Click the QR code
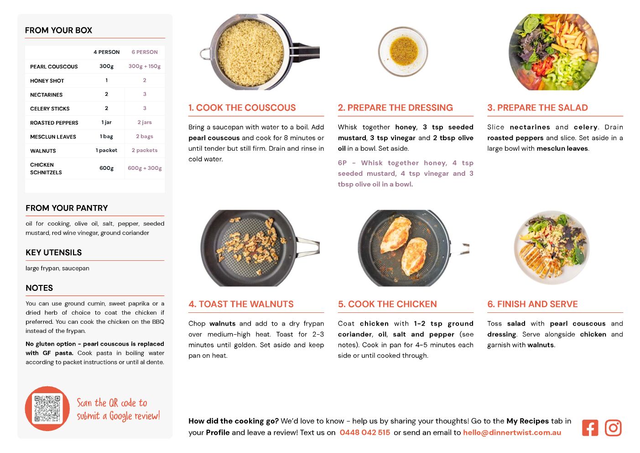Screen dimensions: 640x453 tap(47, 409)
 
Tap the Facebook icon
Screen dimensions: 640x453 tap(590, 428)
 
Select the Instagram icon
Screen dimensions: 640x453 tap(613, 428)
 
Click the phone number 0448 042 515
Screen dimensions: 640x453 tap(364, 432)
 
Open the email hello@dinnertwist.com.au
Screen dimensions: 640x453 tap(512, 432)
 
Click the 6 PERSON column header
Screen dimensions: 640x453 tap(145, 52)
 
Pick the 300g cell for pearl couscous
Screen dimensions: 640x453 tap(107, 66)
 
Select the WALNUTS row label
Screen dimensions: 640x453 tap(43, 151)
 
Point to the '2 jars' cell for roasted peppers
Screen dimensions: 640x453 tap(145, 122)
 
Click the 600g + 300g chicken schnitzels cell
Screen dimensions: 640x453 tap(145, 168)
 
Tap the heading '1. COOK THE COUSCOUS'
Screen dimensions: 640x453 tap(242, 107)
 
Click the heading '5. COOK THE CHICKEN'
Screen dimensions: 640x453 tap(387, 304)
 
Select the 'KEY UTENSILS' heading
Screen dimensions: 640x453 tap(53, 252)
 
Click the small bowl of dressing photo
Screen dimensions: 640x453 tap(403, 52)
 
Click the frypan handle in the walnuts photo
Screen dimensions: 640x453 tap(308, 247)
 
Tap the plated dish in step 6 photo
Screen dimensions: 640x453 tap(552, 248)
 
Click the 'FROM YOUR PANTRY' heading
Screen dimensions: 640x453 tap(67, 208)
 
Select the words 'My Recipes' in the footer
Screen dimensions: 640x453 tap(527, 421)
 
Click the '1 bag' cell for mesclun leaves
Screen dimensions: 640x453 tap(106, 137)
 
